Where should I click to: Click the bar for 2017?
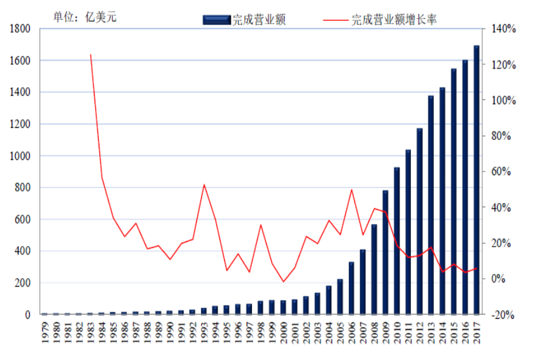pos(476,180)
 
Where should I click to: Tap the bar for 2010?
pos(397,241)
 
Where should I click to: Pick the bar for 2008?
pos(374,269)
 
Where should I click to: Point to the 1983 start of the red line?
pos(91,55)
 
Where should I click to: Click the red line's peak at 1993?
pos(204,185)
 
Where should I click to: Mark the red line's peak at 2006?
pos(351,190)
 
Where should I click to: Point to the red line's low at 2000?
pos(283,282)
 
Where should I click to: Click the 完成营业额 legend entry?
pos(244,20)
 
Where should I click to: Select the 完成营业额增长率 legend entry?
pos(380,20)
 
